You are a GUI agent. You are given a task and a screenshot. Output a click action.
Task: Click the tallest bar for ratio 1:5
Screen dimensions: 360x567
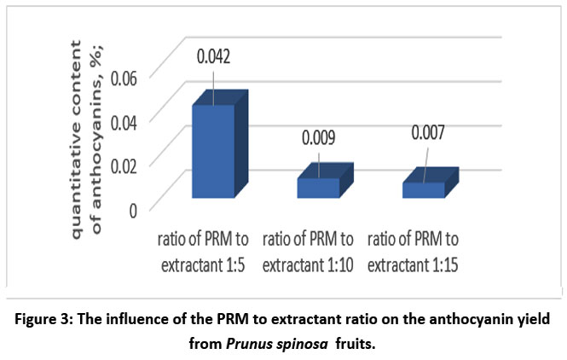tap(213, 151)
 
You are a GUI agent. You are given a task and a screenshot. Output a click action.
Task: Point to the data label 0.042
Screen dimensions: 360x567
tap(214, 59)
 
